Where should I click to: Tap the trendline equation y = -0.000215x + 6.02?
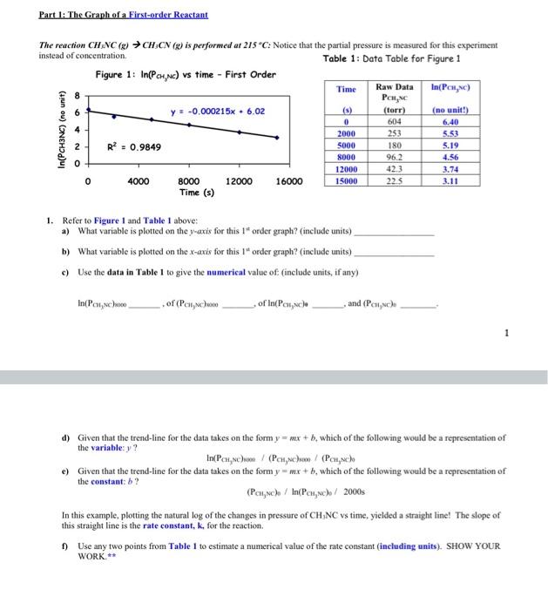click(217, 112)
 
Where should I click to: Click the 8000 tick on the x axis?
click(189, 181)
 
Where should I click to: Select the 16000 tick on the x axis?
click(289, 181)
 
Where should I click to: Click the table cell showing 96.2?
click(394, 158)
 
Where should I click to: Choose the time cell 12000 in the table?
click(346, 169)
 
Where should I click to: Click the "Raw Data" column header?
click(394, 88)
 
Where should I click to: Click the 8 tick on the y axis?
click(78, 95)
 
